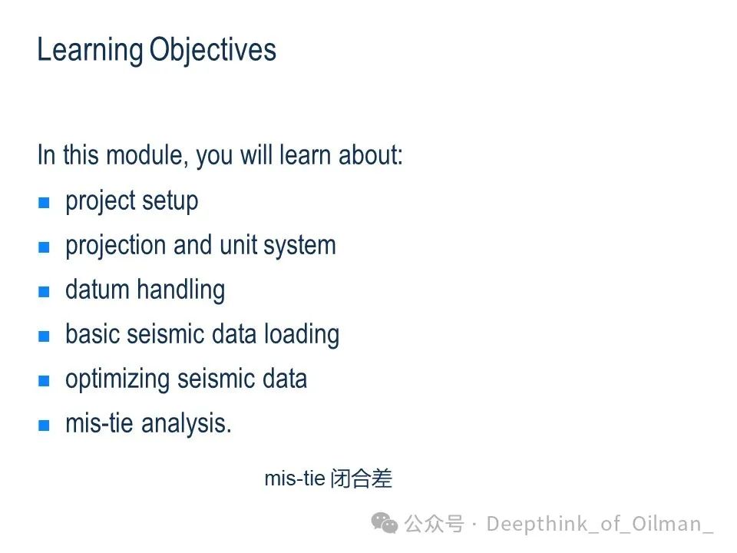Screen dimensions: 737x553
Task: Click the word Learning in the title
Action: (x=91, y=51)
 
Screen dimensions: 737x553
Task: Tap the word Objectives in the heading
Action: (x=213, y=50)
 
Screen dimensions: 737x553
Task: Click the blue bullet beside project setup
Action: (x=44, y=202)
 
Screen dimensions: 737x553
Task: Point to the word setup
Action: (x=170, y=202)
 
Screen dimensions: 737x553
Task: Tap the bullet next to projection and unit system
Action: (x=44, y=247)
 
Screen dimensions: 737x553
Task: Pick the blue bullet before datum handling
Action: (x=44, y=292)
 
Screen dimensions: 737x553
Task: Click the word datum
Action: (x=97, y=290)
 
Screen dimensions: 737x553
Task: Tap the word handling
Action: (x=181, y=290)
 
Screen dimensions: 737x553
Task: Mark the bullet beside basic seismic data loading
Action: (x=44, y=336)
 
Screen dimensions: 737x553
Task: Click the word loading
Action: (x=302, y=335)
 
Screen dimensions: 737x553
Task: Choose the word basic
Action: (x=92, y=334)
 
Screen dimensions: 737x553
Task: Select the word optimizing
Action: (x=117, y=379)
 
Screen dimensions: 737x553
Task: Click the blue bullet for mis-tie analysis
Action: (x=44, y=425)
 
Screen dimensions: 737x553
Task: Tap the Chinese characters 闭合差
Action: (x=362, y=478)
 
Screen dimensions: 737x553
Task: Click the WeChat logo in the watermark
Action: (x=385, y=523)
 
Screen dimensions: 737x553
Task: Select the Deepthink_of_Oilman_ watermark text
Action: (x=600, y=524)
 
